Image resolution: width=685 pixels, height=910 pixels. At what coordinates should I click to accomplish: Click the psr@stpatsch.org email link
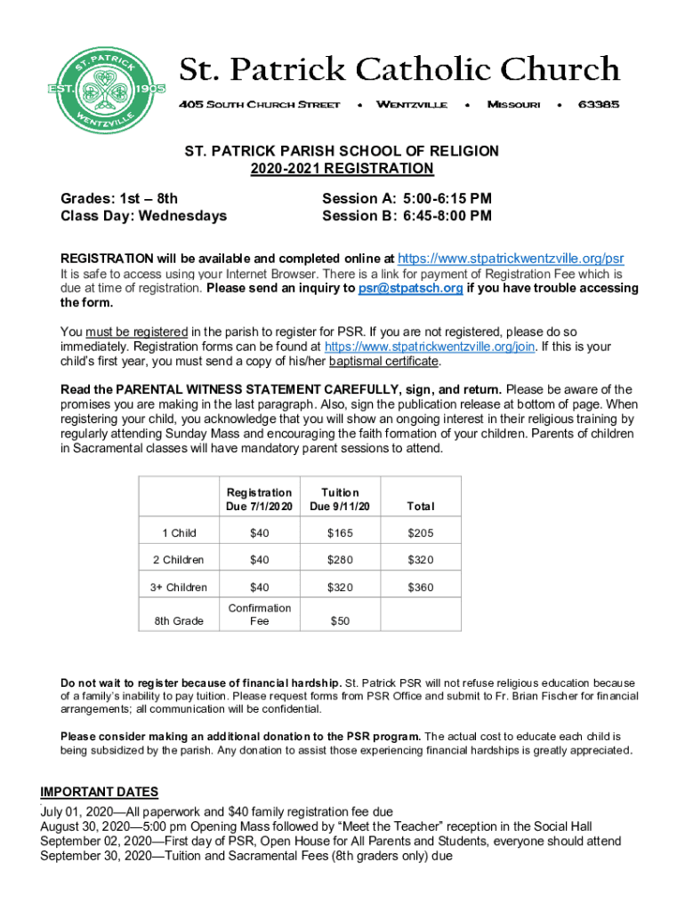click(410, 289)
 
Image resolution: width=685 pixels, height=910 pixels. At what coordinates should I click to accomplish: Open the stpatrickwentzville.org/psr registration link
click(511, 259)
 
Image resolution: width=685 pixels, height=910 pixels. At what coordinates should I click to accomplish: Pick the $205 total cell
click(421, 533)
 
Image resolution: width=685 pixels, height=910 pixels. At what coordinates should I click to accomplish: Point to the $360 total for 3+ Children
click(421, 587)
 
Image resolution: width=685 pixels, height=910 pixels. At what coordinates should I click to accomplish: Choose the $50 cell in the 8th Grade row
click(340, 621)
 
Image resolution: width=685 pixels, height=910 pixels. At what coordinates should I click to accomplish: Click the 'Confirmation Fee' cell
click(259, 614)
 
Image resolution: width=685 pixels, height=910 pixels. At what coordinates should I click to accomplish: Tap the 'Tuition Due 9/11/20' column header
click(340, 499)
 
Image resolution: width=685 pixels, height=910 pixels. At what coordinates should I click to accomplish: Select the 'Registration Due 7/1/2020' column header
click(259, 499)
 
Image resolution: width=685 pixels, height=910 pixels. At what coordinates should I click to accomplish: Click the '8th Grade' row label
click(179, 621)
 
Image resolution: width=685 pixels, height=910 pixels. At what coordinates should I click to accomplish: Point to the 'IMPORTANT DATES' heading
click(100, 793)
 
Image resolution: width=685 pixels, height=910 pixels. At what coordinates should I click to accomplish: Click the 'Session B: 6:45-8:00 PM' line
click(407, 216)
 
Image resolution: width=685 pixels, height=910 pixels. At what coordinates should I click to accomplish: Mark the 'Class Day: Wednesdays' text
click(143, 216)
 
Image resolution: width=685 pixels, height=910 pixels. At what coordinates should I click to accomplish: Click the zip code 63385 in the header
click(599, 105)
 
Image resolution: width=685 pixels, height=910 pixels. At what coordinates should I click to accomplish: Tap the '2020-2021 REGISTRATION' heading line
click(342, 169)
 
